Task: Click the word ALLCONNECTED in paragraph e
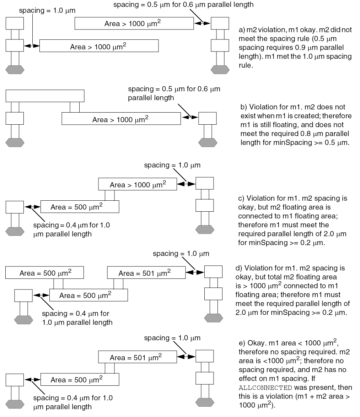(x=265, y=388)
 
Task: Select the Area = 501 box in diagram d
(x=146, y=273)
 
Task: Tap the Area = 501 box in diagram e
(x=137, y=357)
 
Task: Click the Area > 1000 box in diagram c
(x=137, y=185)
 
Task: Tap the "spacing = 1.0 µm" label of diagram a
(x=47, y=10)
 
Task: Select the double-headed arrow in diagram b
(x=189, y=117)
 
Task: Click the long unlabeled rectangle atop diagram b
(x=45, y=96)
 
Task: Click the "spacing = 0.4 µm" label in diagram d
(x=75, y=314)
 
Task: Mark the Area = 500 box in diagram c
(x=80, y=207)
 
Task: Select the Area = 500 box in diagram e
(x=80, y=380)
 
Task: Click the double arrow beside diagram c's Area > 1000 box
(x=186, y=184)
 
